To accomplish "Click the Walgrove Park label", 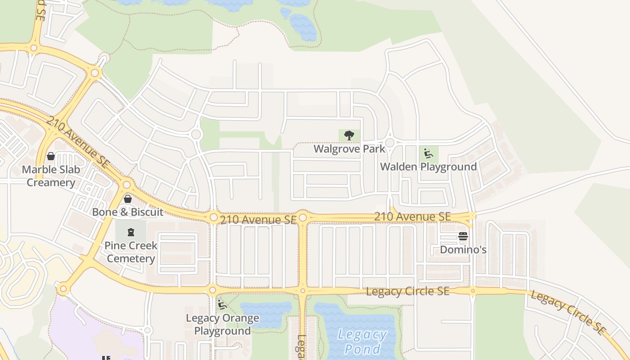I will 349,149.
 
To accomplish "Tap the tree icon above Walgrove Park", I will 349,135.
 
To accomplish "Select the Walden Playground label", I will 428,166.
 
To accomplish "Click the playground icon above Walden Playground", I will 428,153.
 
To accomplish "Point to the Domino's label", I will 463,249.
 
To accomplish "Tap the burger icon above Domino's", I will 463,236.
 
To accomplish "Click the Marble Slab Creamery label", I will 51,176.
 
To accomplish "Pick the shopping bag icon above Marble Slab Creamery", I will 51,156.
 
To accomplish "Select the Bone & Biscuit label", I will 128,211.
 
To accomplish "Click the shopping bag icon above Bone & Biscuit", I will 128,198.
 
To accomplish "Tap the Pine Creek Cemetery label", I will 131,252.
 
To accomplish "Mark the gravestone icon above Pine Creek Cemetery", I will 131,232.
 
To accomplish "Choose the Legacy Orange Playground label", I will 222,324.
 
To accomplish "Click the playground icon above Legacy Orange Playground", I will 222,305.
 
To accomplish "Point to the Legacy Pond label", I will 362,342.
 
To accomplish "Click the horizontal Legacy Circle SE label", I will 407,291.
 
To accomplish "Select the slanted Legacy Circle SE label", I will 568,312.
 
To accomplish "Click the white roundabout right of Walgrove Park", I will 390,143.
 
